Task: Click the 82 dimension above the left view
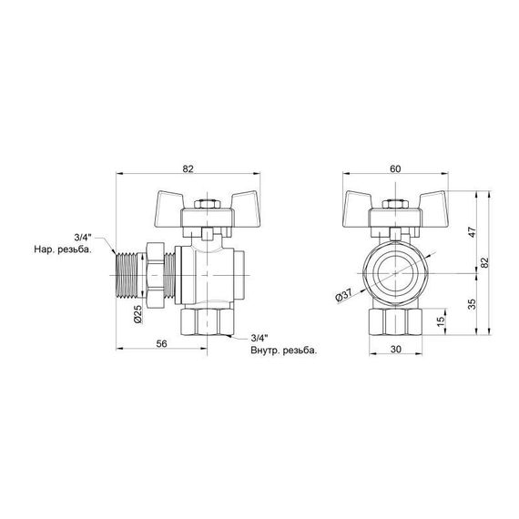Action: click(x=187, y=168)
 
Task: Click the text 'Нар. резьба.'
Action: click(x=63, y=247)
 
